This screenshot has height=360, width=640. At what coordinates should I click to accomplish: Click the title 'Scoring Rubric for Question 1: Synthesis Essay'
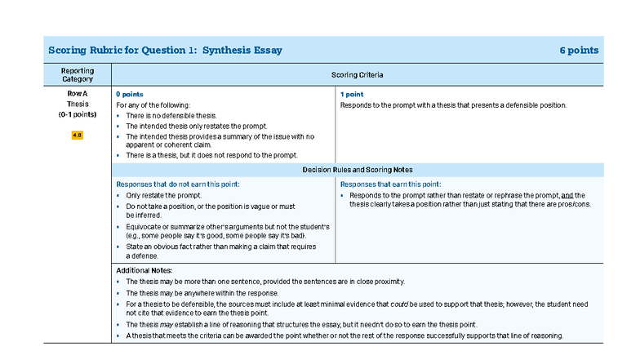pos(165,50)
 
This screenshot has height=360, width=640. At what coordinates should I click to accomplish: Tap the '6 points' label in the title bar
pos(579,50)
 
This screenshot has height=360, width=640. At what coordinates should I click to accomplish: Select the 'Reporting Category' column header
pos(78,75)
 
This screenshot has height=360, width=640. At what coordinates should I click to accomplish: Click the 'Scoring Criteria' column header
pos(357,75)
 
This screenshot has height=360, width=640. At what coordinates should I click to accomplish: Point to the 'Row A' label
pos(78,94)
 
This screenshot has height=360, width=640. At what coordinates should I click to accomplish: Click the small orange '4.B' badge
pos(78,135)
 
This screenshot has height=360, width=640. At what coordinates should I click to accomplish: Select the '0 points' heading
pos(130,95)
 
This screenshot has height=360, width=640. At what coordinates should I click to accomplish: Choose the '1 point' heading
pos(352,95)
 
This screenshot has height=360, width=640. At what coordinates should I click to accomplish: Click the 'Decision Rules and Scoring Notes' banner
pos(357,170)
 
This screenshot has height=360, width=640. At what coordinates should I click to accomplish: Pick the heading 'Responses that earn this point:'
pos(390,184)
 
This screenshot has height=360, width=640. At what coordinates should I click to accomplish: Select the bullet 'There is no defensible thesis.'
pos(171,116)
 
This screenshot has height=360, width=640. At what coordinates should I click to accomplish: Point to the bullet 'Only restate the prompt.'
pos(163,195)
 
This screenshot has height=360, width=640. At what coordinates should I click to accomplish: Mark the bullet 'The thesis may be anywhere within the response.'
pos(202,292)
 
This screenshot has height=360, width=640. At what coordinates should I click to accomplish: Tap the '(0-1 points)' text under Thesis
pos(78,115)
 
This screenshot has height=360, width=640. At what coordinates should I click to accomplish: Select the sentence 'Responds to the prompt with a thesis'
pos(452,105)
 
